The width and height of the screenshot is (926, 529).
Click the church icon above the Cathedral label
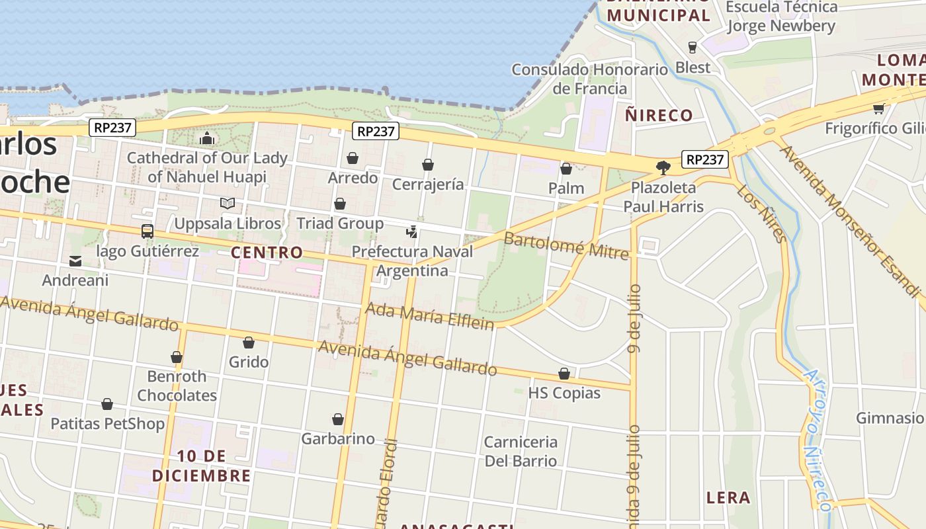(x=207, y=139)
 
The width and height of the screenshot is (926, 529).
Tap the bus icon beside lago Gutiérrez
(x=147, y=231)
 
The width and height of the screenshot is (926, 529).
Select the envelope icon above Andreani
(x=75, y=261)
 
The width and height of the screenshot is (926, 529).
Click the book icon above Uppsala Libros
(x=228, y=204)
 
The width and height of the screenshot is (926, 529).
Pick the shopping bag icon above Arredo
(x=353, y=159)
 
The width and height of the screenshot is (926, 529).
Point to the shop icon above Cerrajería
(x=428, y=165)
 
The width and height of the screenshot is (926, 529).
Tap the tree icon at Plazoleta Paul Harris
(x=663, y=168)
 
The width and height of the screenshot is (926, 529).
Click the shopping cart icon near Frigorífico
(x=878, y=109)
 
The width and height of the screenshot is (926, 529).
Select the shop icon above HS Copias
(x=564, y=374)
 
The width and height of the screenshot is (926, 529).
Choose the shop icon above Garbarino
(x=338, y=420)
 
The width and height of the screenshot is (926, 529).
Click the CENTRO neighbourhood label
(x=267, y=253)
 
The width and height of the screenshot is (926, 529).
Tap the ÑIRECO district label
(x=659, y=115)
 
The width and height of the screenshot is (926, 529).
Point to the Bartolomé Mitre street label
(x=566, y=246)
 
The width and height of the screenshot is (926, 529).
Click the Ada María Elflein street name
(x=430, y=316)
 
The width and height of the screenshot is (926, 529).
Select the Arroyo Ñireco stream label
(x=816, y=439)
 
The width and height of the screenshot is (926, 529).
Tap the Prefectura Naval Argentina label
(x=413, y=261)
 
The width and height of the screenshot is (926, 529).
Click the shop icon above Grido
(x=249, y=343)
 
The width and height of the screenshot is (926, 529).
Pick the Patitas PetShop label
(x=107, y=423)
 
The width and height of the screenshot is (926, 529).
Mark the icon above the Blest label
(x=693, y=48)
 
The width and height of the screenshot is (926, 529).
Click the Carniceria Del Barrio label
(x=521, y=451)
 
